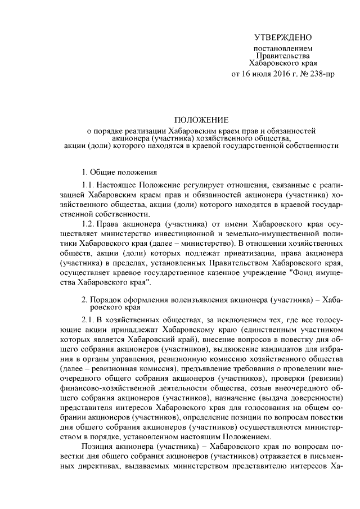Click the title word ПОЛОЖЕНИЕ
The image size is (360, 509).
click(x=201, y=120)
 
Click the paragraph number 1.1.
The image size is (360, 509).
click(x=88, y=185)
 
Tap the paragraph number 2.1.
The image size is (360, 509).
click(x=88, y=320)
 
